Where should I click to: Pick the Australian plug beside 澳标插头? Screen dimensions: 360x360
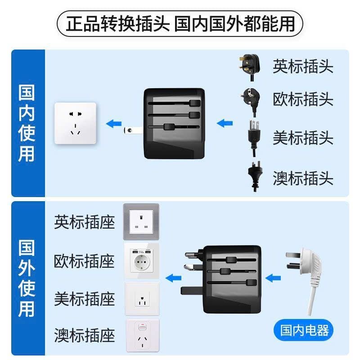(254, 175)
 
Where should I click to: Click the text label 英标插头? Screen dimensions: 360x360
(303, 67)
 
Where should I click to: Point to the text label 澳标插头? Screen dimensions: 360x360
(303, 178)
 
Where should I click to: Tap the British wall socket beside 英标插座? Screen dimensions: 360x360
(141, 222)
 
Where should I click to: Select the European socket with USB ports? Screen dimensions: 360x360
(141, 261)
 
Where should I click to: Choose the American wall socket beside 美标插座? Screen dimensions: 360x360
(141, 298)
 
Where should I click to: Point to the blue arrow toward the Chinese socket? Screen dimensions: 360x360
(113, 122)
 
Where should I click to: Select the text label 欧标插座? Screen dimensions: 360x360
(84, 261)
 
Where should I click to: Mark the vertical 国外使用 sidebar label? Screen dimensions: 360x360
(27, 279)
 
